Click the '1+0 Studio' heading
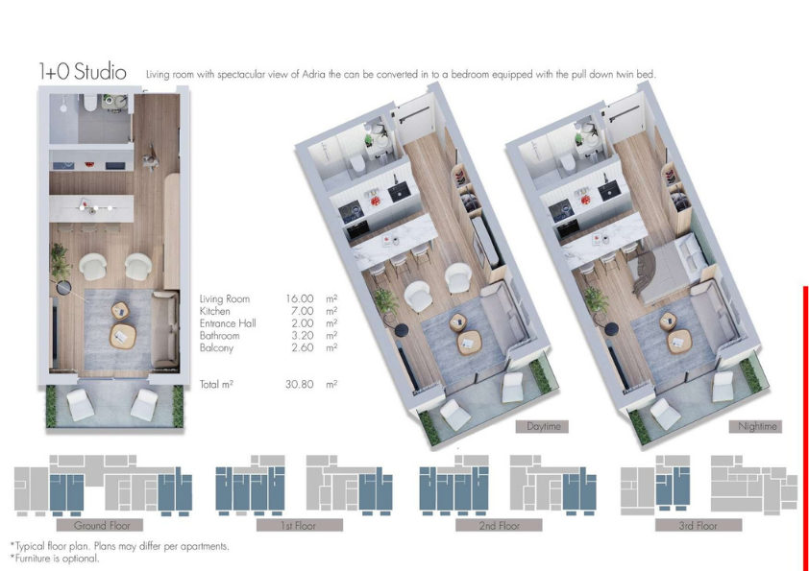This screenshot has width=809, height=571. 83,72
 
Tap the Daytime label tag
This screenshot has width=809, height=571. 542,427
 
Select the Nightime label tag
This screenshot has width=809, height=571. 756,427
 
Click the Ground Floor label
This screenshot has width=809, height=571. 100,526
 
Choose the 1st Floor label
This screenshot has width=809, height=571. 299,526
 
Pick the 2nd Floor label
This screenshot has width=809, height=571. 499,526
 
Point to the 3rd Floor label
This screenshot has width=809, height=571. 699,526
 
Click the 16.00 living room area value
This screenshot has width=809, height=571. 299,298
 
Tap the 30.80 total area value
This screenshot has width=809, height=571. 299,385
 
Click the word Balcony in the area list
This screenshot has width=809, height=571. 217,348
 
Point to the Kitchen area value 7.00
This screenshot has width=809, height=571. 302,311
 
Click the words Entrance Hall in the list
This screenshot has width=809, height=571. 228,323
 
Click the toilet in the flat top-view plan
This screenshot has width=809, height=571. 89,103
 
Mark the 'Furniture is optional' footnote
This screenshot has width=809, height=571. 55,559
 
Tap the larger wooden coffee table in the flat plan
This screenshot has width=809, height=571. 123,336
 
